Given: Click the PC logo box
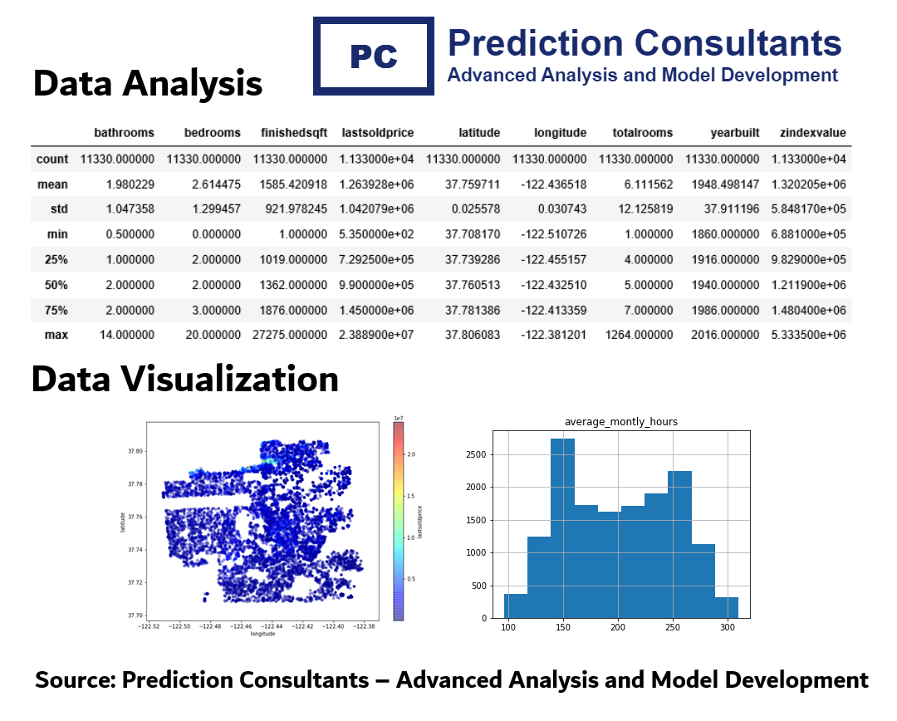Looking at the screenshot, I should pos(374,56).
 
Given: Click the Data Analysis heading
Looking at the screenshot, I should pos(148,84).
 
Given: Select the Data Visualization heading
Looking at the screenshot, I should pos(185,380).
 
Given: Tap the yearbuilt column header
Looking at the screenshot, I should pos(734,133).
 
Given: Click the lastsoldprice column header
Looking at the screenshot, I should pos(378,133).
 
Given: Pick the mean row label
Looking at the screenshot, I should pos(52,184).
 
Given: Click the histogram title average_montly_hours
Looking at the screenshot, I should pos(620,422).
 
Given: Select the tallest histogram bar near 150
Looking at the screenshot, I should pos(562,528).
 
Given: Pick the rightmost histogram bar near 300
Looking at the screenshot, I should pos(726,607).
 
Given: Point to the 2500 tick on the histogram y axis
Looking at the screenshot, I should pos(476,455).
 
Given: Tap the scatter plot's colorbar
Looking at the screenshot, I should pos(399,521).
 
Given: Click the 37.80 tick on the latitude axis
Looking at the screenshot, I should pos(134,451).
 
